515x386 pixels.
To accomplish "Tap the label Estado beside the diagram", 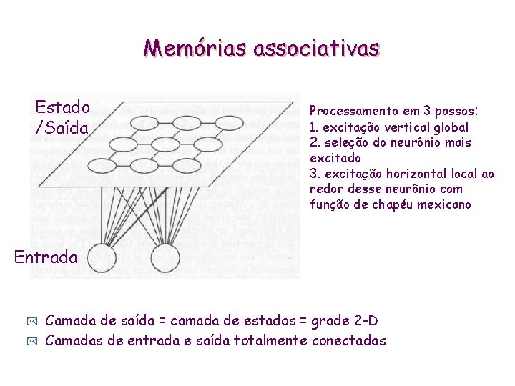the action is [63, 108].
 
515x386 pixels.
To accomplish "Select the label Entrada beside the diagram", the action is [44, 257].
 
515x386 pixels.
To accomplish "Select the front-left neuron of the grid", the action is [101, 166].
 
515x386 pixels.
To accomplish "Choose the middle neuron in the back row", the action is [186, 123].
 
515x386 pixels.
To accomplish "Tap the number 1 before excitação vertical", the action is [313, 127].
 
